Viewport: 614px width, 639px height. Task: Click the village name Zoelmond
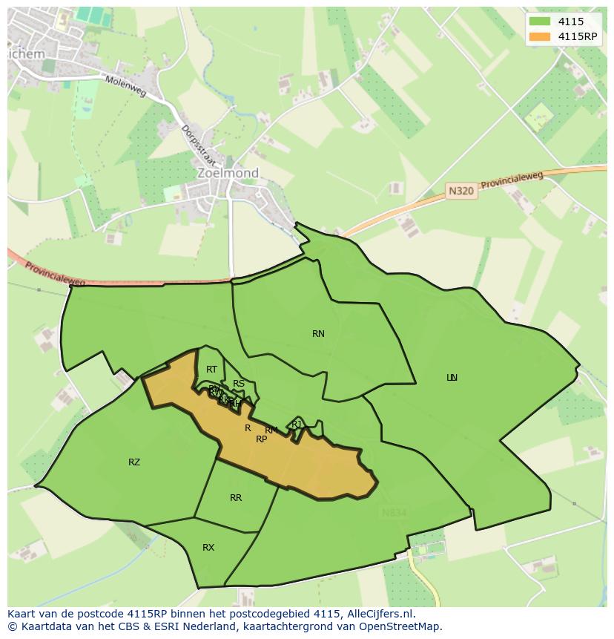pyautogui.click(x=228, y=173)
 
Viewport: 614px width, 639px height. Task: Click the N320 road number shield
pyautogui.click(x=461, y=191)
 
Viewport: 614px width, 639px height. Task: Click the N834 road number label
pyautogui.click(x=394, y=513)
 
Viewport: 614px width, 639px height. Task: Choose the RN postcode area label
pyautogui.click(x=318, y=334)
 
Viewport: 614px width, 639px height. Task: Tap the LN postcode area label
pyautogui.click(x=452, y=378)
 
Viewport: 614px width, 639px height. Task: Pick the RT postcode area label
pyautogui.click(x=212, y=370)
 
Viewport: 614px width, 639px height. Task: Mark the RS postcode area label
pyautogui.click(x=239, y=384)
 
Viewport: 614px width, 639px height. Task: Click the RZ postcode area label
pyautogui.click(x=134, y=462)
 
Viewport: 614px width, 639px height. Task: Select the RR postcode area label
pyautogui.click(x=236, y=498)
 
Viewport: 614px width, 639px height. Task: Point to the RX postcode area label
pyautogui.click(x=208, y=548)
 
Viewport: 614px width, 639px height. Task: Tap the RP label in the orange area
pyautogui.click(x=261, y=439)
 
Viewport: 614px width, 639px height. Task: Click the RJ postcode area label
pyautogui.click(x=297, y=425)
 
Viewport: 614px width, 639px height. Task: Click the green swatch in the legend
pyautogui.click(x=540, y=22)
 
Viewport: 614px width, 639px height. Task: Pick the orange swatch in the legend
pyautogui.click(x=540, y=36)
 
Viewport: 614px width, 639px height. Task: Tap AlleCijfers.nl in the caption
pyautogui.click(x=380, y=614)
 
